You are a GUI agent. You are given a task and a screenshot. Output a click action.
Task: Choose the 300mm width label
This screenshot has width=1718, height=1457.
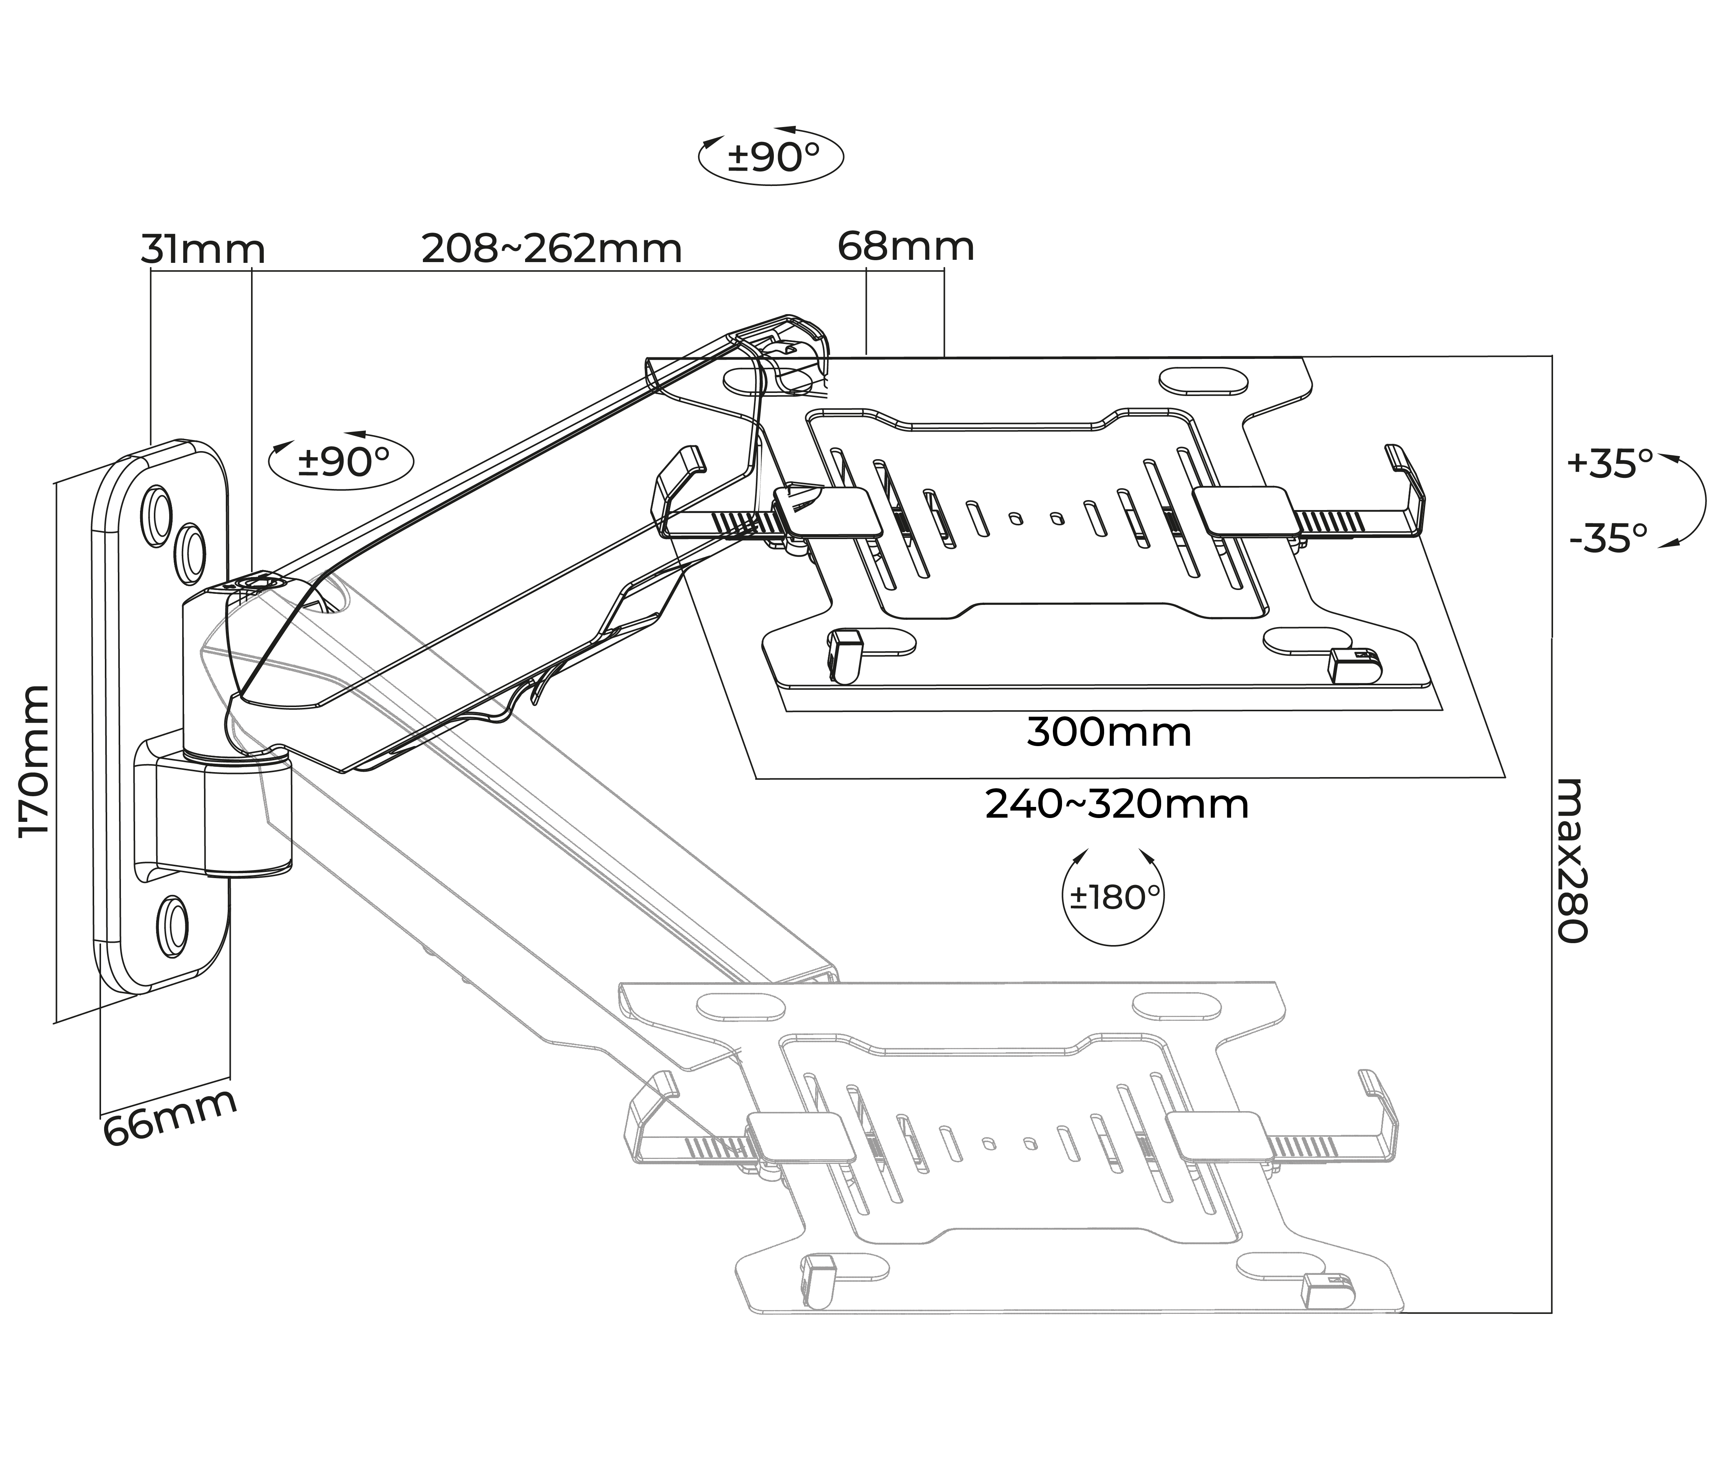coord(1108,733)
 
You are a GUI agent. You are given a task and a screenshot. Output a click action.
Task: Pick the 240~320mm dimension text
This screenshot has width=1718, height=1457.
coord(1117,805)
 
